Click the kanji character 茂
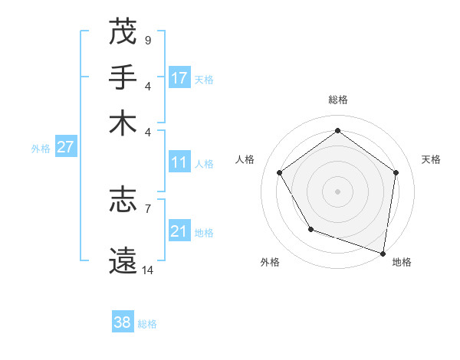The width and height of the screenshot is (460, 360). coord(123,32)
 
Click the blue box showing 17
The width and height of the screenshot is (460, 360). coord(179,78)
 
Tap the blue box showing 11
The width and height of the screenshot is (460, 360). coord(179,162)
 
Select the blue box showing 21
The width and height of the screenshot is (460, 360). coord(179,231)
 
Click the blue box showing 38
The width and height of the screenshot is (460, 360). coord(123,322)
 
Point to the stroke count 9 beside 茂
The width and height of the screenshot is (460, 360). coord(147,39)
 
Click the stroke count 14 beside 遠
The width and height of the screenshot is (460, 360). coord(147,270)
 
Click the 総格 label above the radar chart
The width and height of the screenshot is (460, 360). coord(337,100)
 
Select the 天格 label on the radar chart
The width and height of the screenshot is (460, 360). coord(432,159)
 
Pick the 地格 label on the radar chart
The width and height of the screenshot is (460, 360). coord(402,262)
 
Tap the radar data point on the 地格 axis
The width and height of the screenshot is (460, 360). coord(383,253)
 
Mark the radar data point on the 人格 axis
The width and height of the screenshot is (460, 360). coord(279,172)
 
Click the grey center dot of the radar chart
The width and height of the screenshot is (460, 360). coord(337,191)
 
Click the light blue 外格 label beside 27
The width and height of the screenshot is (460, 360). coord(41,149)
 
